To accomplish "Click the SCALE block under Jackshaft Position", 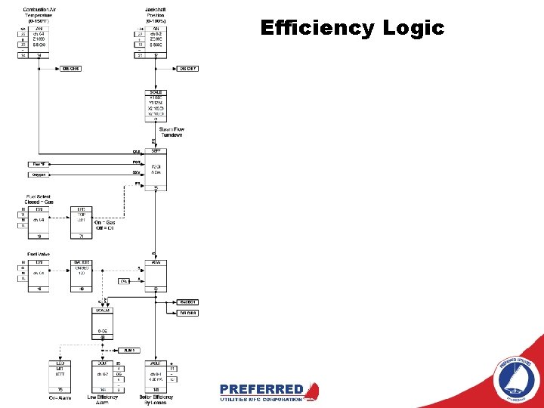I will coord(156,106).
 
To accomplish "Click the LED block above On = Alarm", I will coord(60,375).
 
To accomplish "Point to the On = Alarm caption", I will coord(60,397).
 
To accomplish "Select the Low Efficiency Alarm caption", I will coord(103,400).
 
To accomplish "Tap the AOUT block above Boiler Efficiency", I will coord(156,375).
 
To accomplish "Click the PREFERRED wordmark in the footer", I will coord(261,389).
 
